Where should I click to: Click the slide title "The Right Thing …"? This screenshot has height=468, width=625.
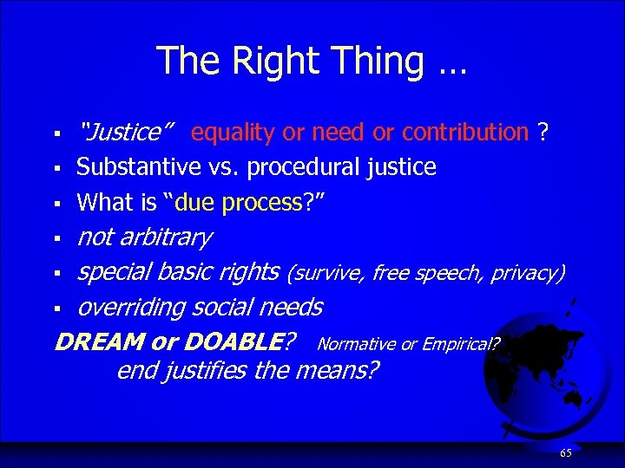click(x=312, y=62)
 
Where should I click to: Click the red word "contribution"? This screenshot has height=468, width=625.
click(x=465, y=133)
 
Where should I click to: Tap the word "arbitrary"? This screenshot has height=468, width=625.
click(x=165, y=237)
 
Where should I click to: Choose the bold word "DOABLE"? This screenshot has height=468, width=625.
click(x=234, y=342)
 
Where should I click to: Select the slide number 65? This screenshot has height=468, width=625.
click(x=565, y=453)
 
